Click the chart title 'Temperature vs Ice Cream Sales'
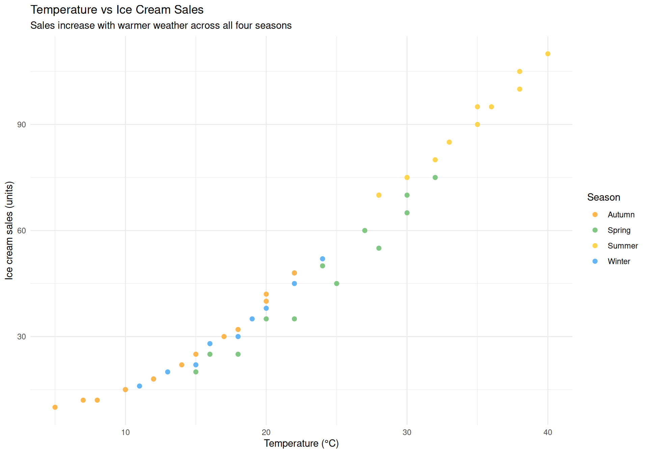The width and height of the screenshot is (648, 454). (x=117, y=10)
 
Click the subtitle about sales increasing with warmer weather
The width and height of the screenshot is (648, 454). (x=161, y=26)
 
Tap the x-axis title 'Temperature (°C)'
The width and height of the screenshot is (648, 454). (x=301, y=443)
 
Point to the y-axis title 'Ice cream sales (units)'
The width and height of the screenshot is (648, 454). (x=9, y=230)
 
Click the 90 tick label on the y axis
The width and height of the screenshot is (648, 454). (x=21, y=125)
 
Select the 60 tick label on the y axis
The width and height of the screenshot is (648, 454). (x=21, y=231)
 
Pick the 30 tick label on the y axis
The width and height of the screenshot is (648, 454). (x=21, y=337)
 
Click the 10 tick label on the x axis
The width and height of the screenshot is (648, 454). (x=125, y=432)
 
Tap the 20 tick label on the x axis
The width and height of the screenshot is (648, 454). (x=266, y=432)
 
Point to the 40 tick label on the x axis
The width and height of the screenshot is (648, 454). (x=547, y=432)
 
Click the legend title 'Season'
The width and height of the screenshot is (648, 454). (x=603, y=197)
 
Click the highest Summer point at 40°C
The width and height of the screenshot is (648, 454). (x=548, y=54)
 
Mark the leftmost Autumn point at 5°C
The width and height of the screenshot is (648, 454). (x=55, y=407)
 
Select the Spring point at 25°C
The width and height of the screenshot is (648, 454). (x=336, y=283)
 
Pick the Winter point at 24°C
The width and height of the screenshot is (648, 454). (x=322, y=259)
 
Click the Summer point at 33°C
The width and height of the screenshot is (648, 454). (x=449, y=142)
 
